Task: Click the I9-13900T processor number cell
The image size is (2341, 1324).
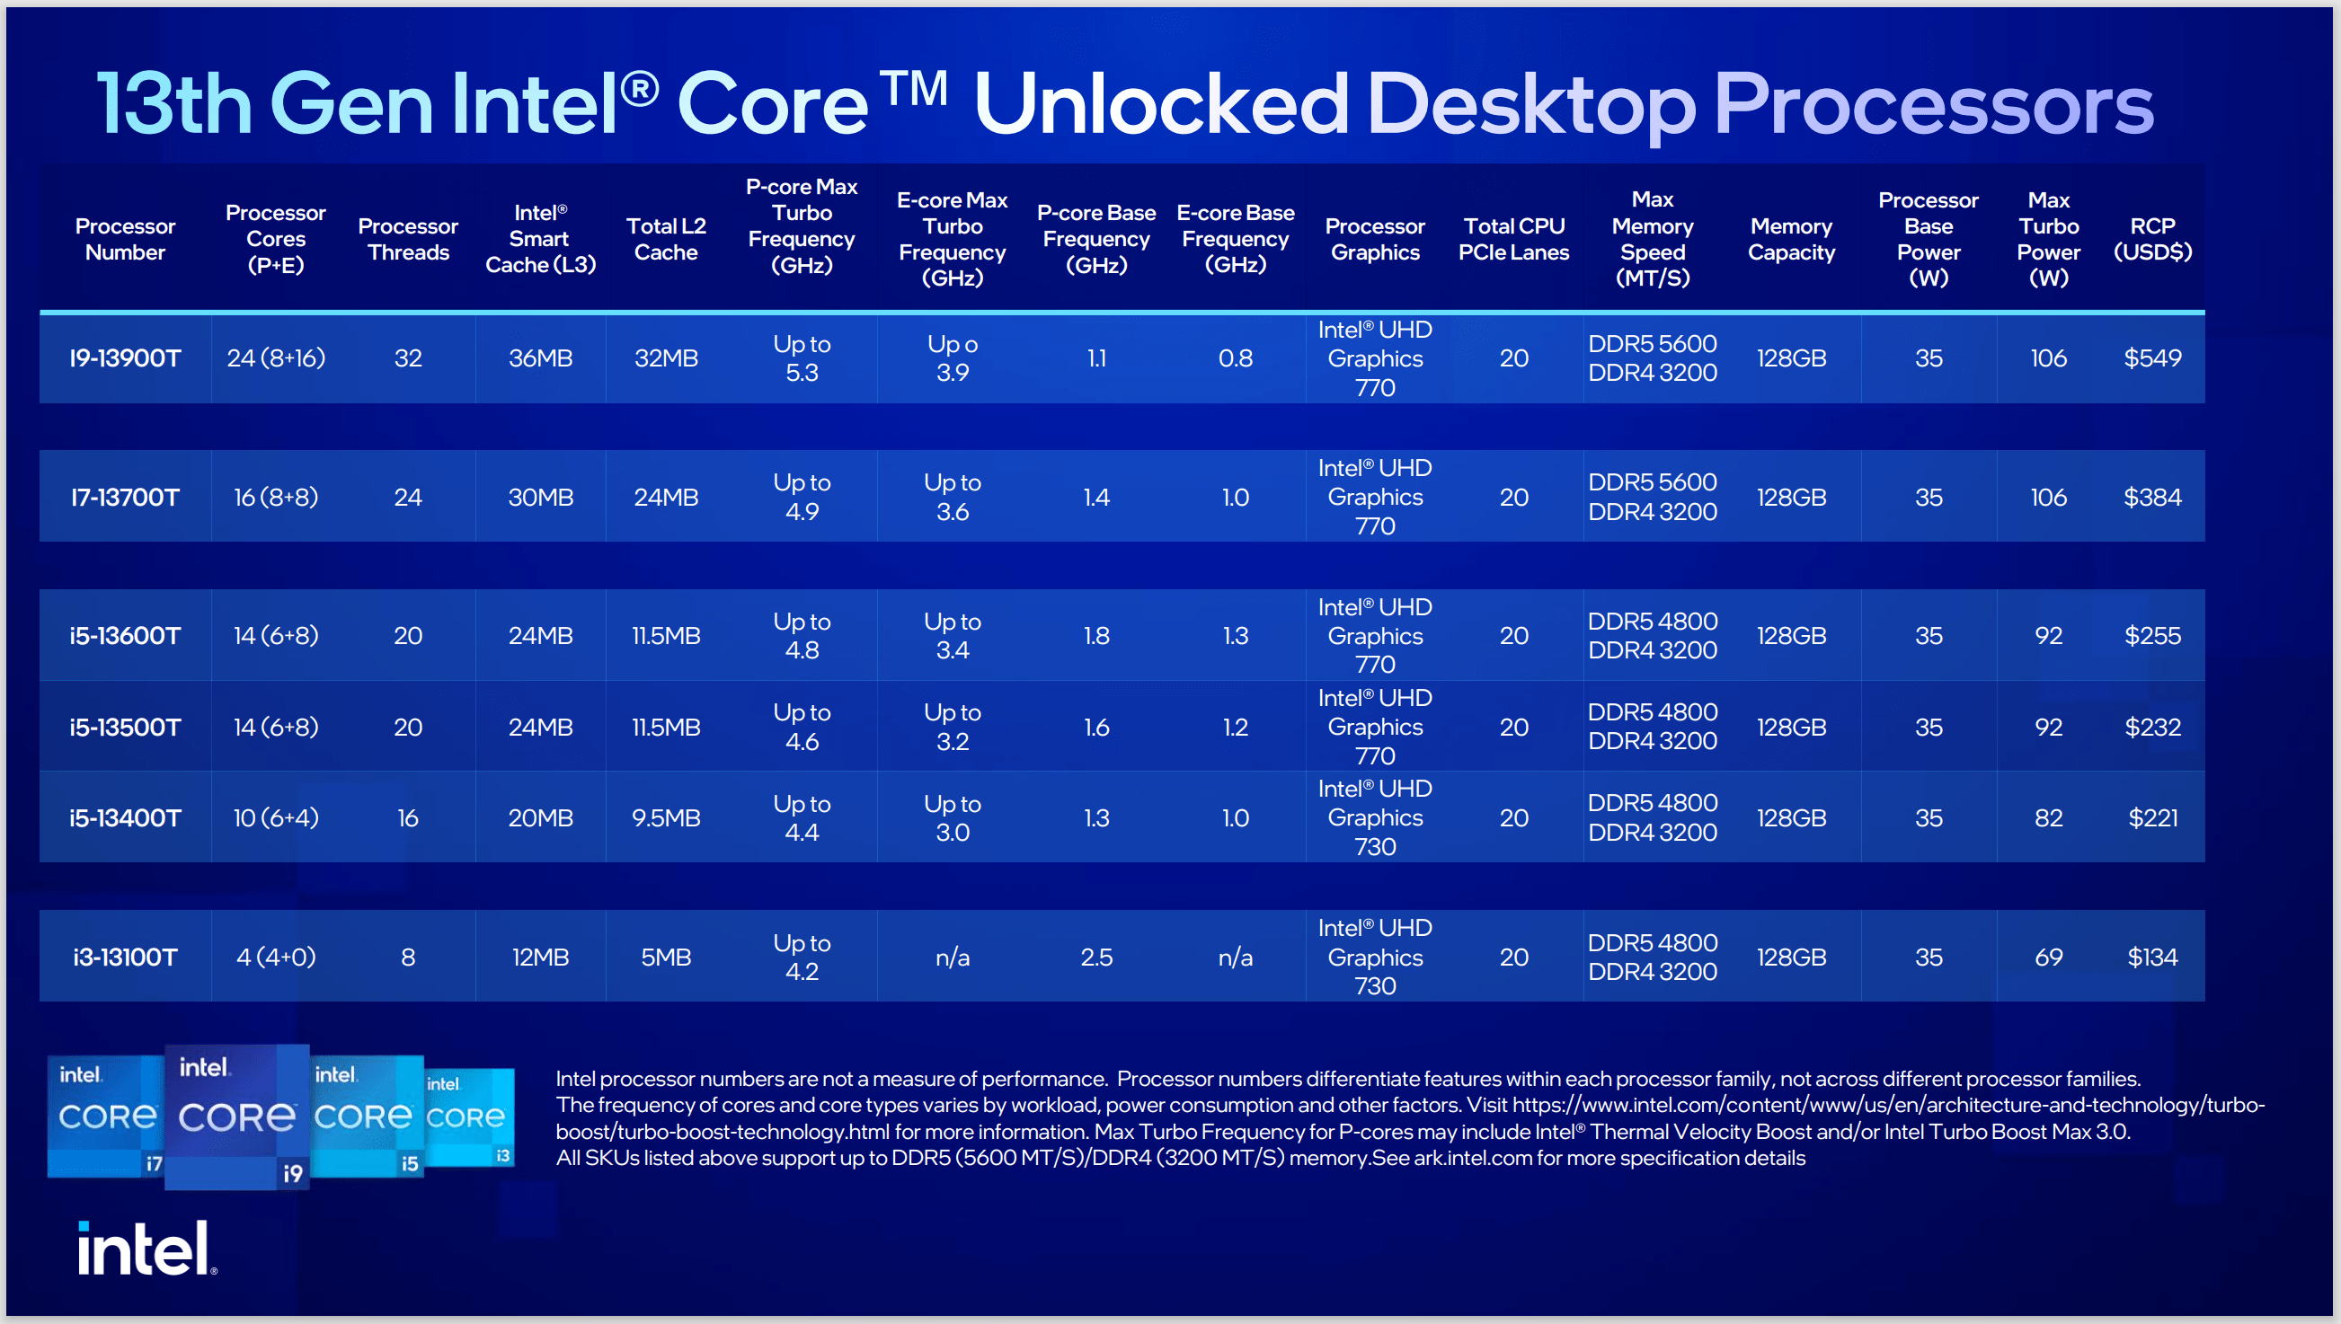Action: pyautogui.click(x=125, y=358)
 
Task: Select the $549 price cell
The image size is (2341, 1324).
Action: pyautogui.click(x=2151, y=358)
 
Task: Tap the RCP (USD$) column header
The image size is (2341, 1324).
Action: pyautogui.click(x=2151, y=239)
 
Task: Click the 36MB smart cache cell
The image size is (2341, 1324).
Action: pyautogui.click(x=540, y=358)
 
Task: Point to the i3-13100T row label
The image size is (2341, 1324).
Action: pyautogui.click(x=125, y=957)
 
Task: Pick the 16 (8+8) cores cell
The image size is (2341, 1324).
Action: pyautogui.click(x=276, y=498)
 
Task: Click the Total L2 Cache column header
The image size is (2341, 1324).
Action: pyautogui.click(x=666, y=239)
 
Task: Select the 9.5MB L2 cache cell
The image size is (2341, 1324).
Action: pyautogui.click(x=666, y=817)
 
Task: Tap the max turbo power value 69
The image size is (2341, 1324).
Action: pyautogui.click(x=2048, y=957)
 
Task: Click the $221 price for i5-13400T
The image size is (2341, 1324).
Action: pyautogui.click(x=2151, y=817)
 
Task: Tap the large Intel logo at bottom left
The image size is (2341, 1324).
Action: pyautogui.click(x=146, y=1249)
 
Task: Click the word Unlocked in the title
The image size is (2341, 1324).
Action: pyautogui.click(x=1160, y=104)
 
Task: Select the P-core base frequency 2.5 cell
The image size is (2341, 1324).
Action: pyautogui.click(x=1096, y=957)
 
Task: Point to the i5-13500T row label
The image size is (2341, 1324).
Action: pyautogui.click(x=125, y=727)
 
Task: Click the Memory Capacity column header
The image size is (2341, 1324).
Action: pyautogui.click(x=1791, y=239)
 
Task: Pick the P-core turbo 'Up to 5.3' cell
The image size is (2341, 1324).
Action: pyautogui.click(x=802, y=358)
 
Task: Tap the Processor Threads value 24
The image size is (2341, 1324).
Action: pyautogui.click(x=407, y=498)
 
